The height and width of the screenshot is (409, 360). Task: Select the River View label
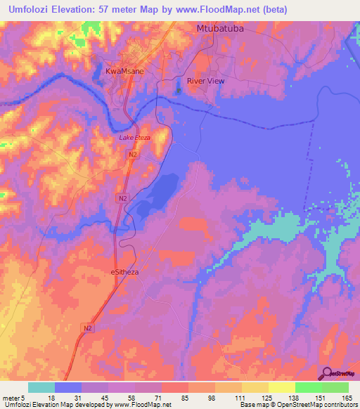(205, 81)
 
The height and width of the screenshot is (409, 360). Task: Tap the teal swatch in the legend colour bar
(41, 387)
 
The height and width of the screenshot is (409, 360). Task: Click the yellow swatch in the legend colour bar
(282, 387)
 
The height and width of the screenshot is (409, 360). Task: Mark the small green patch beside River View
(179, 90)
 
